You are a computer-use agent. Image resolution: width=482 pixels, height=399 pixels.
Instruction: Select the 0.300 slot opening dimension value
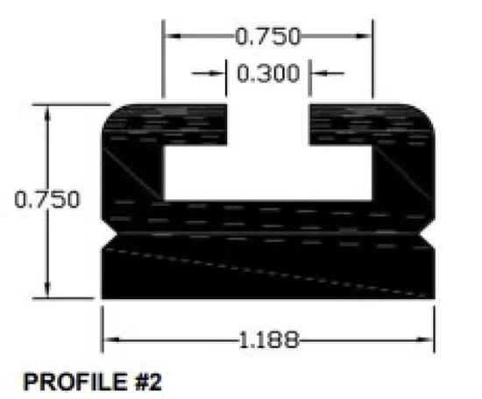point(268,74)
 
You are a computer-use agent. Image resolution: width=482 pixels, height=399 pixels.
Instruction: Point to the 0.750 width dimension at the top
point(268,36)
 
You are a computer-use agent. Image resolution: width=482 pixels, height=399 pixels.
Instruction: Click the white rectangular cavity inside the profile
point(268,172)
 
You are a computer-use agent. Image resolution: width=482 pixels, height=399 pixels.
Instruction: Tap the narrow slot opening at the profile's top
point(268,124)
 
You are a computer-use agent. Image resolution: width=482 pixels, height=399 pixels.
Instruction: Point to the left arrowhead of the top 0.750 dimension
point(172,37)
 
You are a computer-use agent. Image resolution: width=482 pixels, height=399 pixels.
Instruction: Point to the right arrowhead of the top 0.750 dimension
point(366,37)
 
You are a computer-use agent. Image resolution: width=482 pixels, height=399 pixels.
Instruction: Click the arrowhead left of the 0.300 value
point(219,74)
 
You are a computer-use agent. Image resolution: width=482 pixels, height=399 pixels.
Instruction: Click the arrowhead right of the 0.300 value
point(318,74)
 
